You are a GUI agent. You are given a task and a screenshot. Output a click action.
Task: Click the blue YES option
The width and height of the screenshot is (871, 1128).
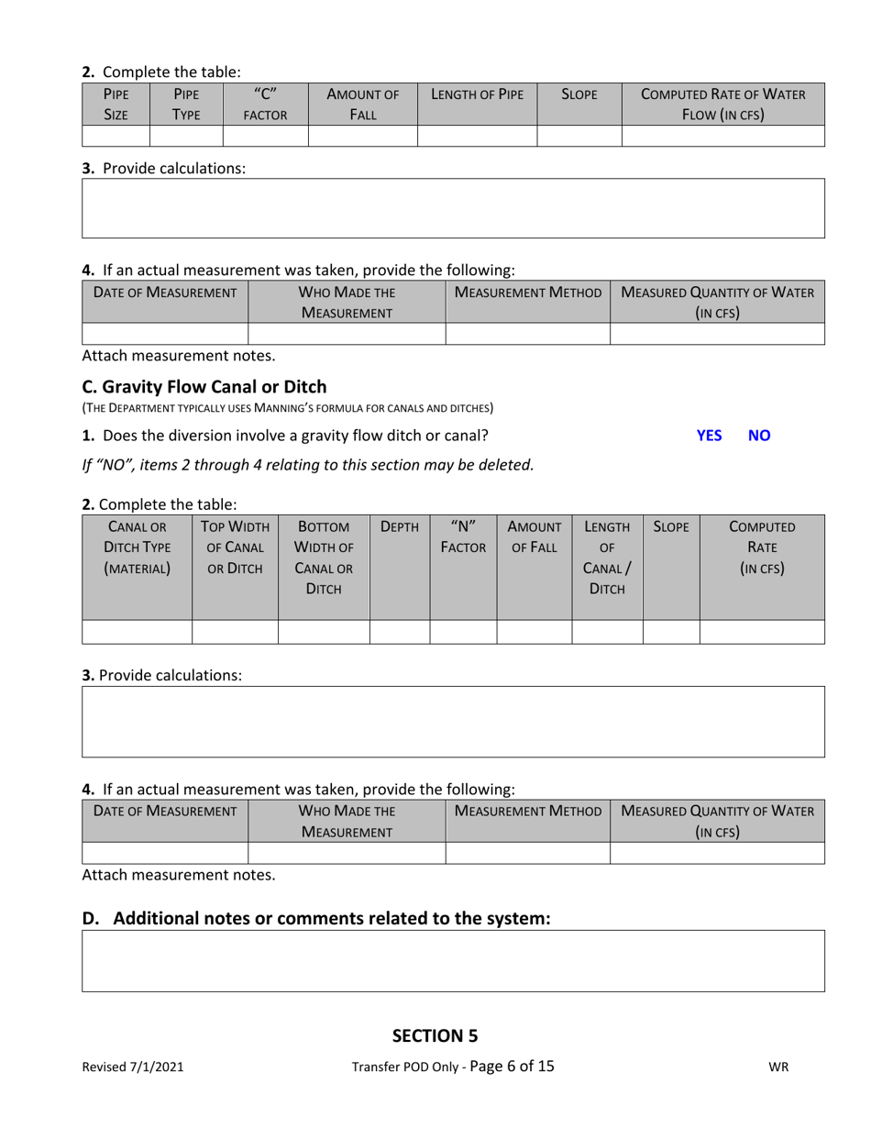709,436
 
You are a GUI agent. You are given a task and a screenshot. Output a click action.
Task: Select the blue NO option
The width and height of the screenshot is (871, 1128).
759,436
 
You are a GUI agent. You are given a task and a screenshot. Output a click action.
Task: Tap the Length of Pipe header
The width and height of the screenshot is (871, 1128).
477,94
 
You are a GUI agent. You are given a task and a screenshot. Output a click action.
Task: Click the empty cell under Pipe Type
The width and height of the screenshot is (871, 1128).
186,136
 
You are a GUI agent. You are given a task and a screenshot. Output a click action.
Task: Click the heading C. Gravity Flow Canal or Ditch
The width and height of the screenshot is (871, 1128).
204,387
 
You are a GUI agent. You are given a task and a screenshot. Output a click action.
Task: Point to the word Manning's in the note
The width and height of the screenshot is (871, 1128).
291,407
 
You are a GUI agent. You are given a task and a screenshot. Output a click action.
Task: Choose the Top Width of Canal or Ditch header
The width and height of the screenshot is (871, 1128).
235,547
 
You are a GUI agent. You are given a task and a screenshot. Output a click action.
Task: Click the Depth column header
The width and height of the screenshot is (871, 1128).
399,527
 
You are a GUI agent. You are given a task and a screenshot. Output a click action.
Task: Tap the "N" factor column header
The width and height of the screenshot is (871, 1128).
463,536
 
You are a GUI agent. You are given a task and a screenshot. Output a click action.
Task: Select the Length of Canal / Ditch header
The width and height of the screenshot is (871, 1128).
607,558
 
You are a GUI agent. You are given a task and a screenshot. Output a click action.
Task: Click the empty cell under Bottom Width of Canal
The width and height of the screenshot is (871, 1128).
324,632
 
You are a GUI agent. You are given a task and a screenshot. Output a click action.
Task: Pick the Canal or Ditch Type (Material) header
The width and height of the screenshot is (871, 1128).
137,547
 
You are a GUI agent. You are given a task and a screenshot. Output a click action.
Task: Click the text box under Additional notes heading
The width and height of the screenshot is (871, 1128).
453,960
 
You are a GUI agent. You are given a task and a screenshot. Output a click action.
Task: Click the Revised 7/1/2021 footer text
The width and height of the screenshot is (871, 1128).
132,1067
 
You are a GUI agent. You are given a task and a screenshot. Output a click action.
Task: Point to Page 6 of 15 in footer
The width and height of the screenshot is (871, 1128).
512,1066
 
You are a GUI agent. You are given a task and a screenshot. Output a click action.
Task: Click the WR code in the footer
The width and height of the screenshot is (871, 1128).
778,1067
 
